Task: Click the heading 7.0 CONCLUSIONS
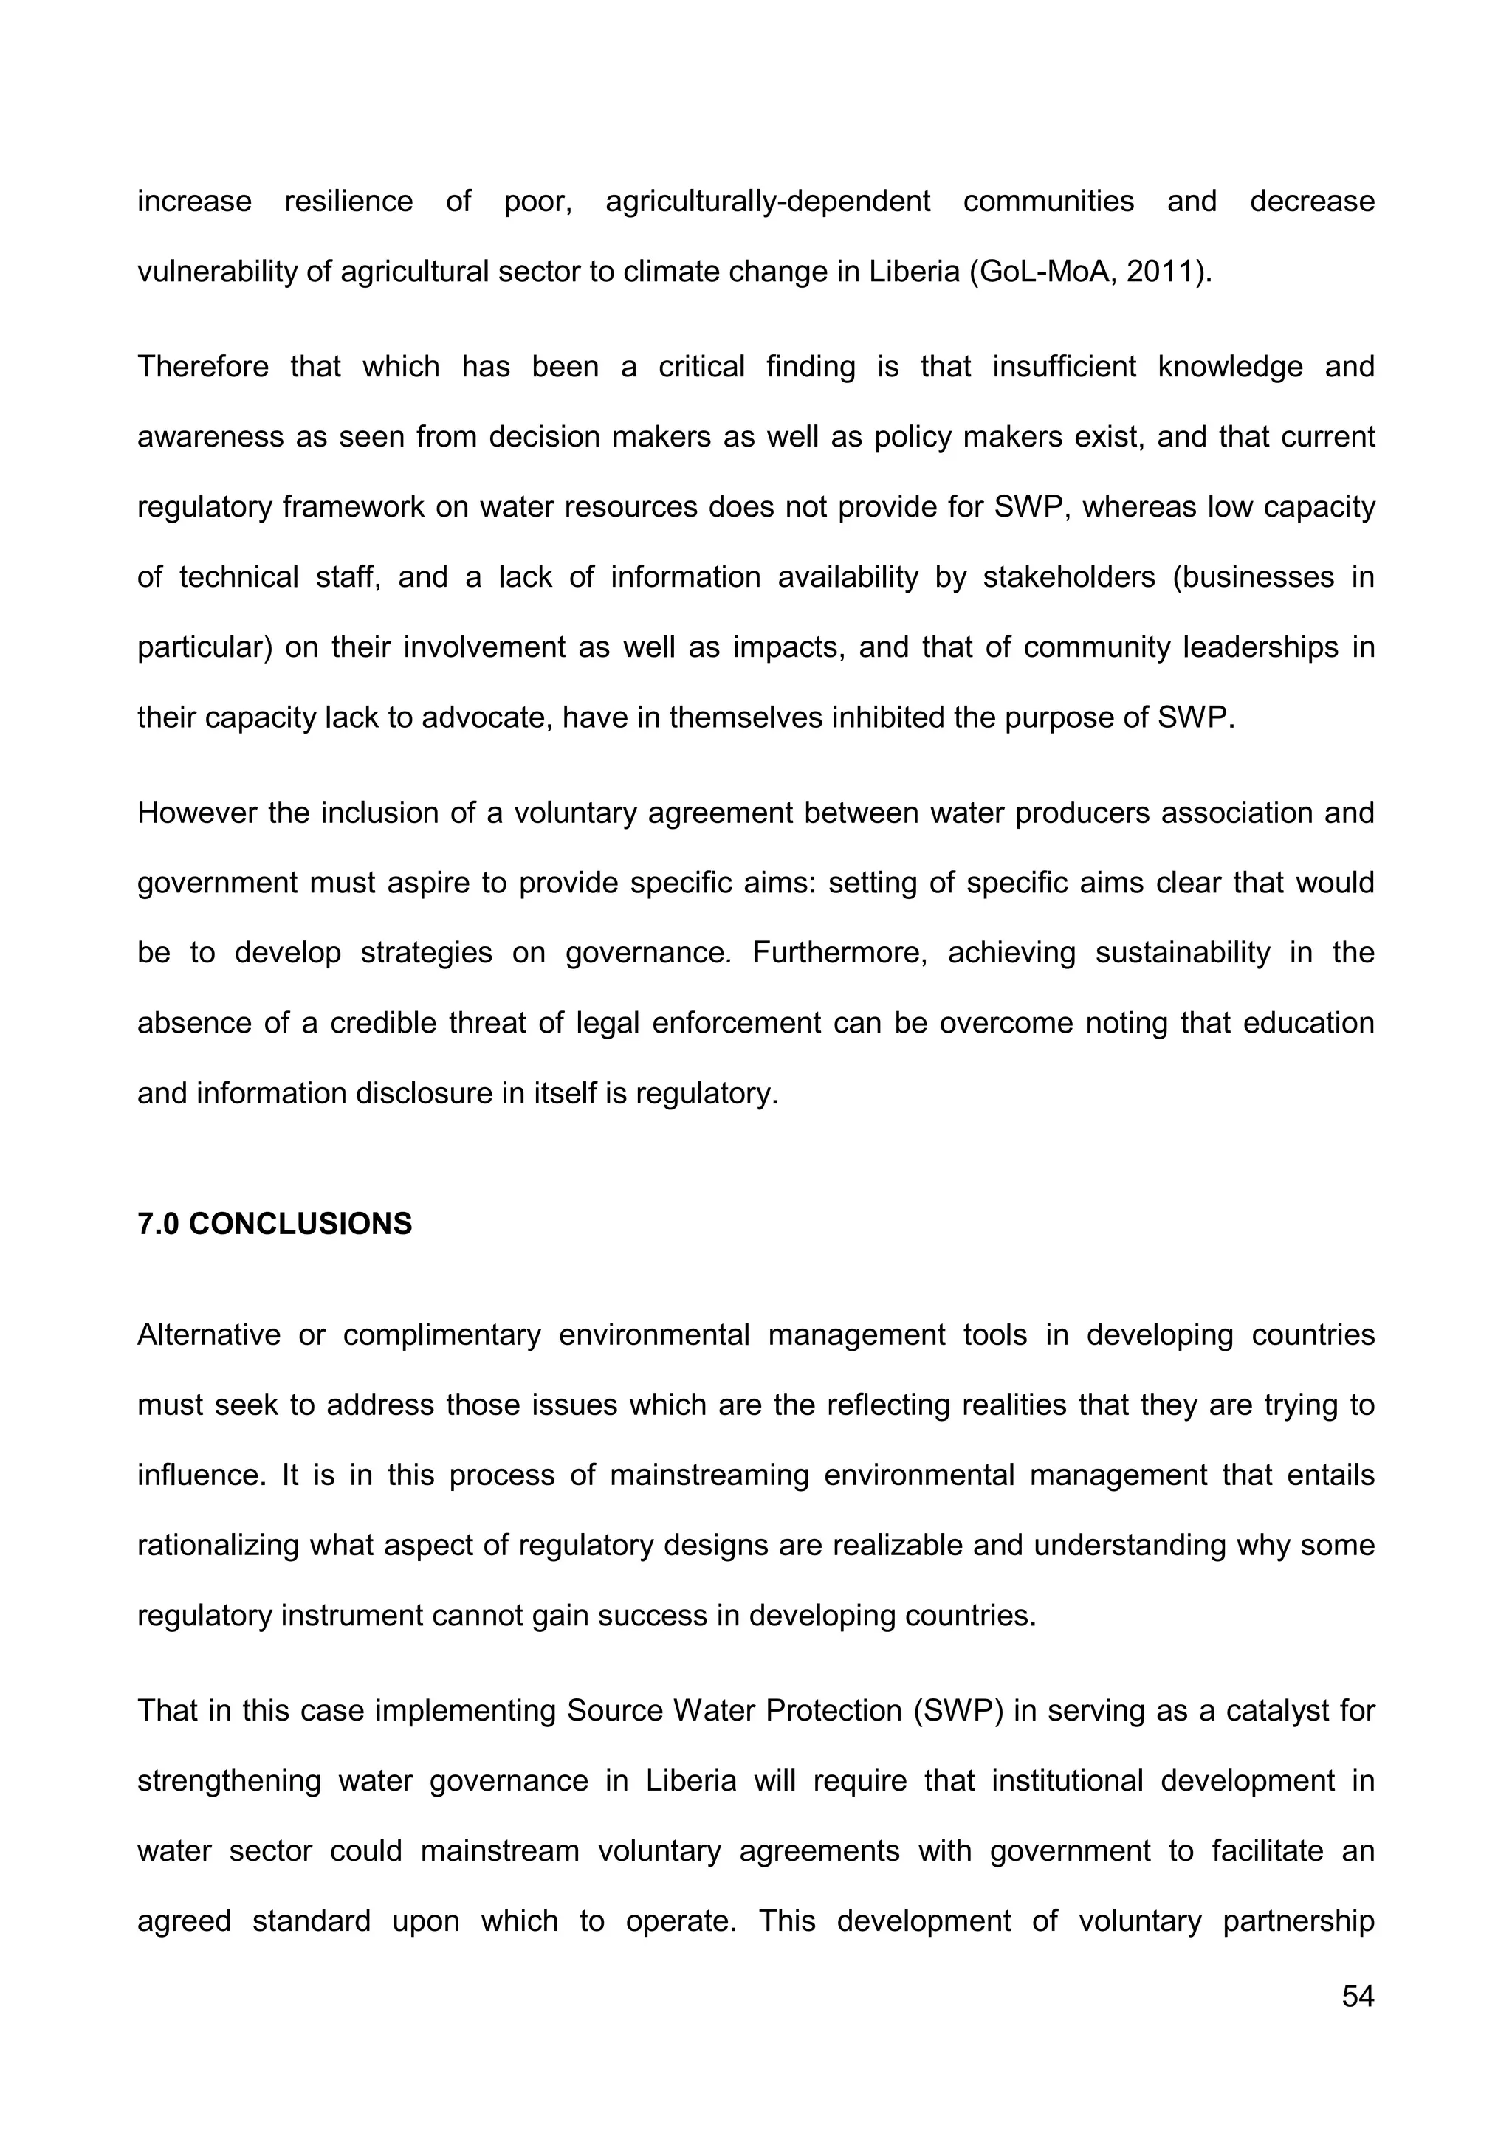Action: coord(275,1223)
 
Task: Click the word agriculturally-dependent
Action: coord(768,201)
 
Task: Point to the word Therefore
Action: coord(202,366)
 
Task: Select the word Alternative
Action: coord(209,1335)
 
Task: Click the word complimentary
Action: coord(441,1335)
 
